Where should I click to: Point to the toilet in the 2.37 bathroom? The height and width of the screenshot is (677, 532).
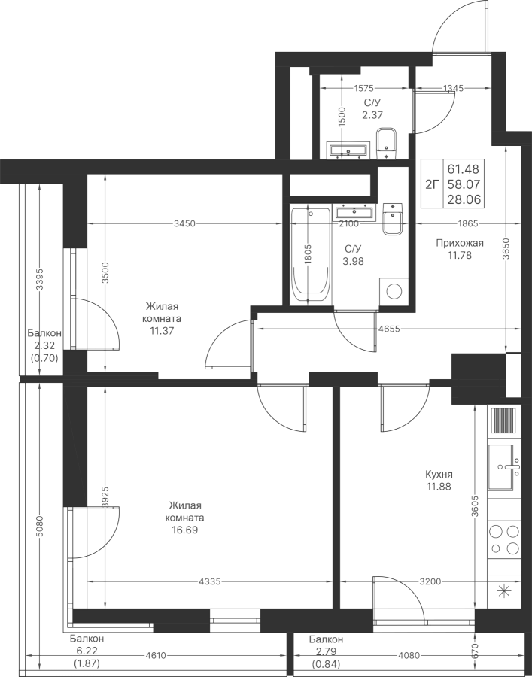tap(388, 142)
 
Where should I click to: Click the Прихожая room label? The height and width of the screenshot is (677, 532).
tap(458, 243)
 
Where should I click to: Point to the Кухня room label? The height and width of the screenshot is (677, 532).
tap(438, 475)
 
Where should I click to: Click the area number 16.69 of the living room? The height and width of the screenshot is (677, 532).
tap(185, 530)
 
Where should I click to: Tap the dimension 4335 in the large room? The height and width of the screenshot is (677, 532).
tap(211, 581)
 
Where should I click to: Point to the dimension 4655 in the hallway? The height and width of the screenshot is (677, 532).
tap(388, 329)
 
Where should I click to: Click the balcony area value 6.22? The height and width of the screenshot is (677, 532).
tap(88, 651)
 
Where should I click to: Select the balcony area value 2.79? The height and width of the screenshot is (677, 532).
tap(326, 651)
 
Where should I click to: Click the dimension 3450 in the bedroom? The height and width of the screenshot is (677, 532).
tap(184, 223)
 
